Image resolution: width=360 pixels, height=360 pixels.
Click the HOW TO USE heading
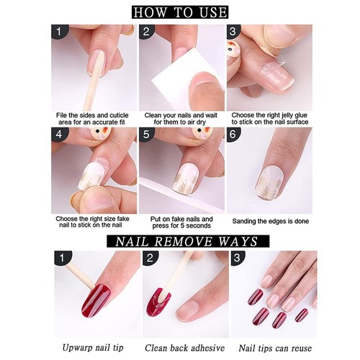(x=180, y=12)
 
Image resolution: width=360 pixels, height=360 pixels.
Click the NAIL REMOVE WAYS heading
(x=180, y=240)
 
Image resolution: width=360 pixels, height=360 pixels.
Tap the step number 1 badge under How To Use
(x=60, y=32)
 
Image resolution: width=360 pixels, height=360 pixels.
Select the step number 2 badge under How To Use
(x=147, y=32)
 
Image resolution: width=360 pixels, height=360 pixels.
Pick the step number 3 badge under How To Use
(x=234, y=32)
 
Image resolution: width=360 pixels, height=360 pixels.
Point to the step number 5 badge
(x=147, y=135)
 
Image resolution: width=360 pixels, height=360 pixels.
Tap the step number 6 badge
(x=234, y=135)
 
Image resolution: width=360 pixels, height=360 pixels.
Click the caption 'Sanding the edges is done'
(x=271, y=222)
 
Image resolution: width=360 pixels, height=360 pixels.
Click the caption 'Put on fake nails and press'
(x=181, y=222)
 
